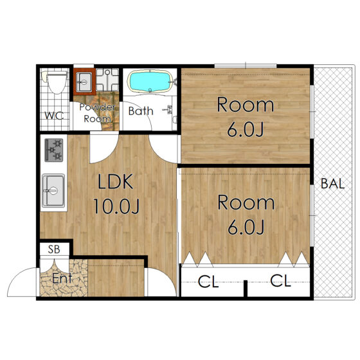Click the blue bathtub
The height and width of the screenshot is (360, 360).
(x=150, y=82)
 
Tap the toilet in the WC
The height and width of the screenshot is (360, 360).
(x=55, y=82)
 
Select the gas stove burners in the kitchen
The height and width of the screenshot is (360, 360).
(x=54, y=150)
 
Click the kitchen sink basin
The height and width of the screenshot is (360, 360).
(x=53, y=190)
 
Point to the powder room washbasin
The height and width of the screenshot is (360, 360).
(x=84, y=82)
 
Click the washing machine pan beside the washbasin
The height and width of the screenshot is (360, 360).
(x=107, y=80)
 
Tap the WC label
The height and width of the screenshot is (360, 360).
(x=54, y=116)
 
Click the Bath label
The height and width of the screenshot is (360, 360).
(x=141, y=111)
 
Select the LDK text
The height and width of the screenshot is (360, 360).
(x=115, y=181)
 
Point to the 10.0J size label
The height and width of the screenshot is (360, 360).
(x=116, y=206)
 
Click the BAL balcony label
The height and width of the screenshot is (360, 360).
(x=332, y=183)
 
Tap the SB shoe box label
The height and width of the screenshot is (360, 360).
(x=54, y=249)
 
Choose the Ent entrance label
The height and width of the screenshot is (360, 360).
(x=62, y=278)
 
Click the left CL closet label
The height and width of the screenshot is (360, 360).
(x=208, y=282)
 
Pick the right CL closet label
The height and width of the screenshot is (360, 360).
(x=280, y=280)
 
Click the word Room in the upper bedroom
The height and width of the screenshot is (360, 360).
(x=246, y=105)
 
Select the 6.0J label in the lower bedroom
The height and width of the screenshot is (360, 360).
(x=246, y=227)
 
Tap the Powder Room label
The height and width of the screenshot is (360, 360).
(x=97, y=113)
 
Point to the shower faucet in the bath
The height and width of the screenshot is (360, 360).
(x=168, y=109)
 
